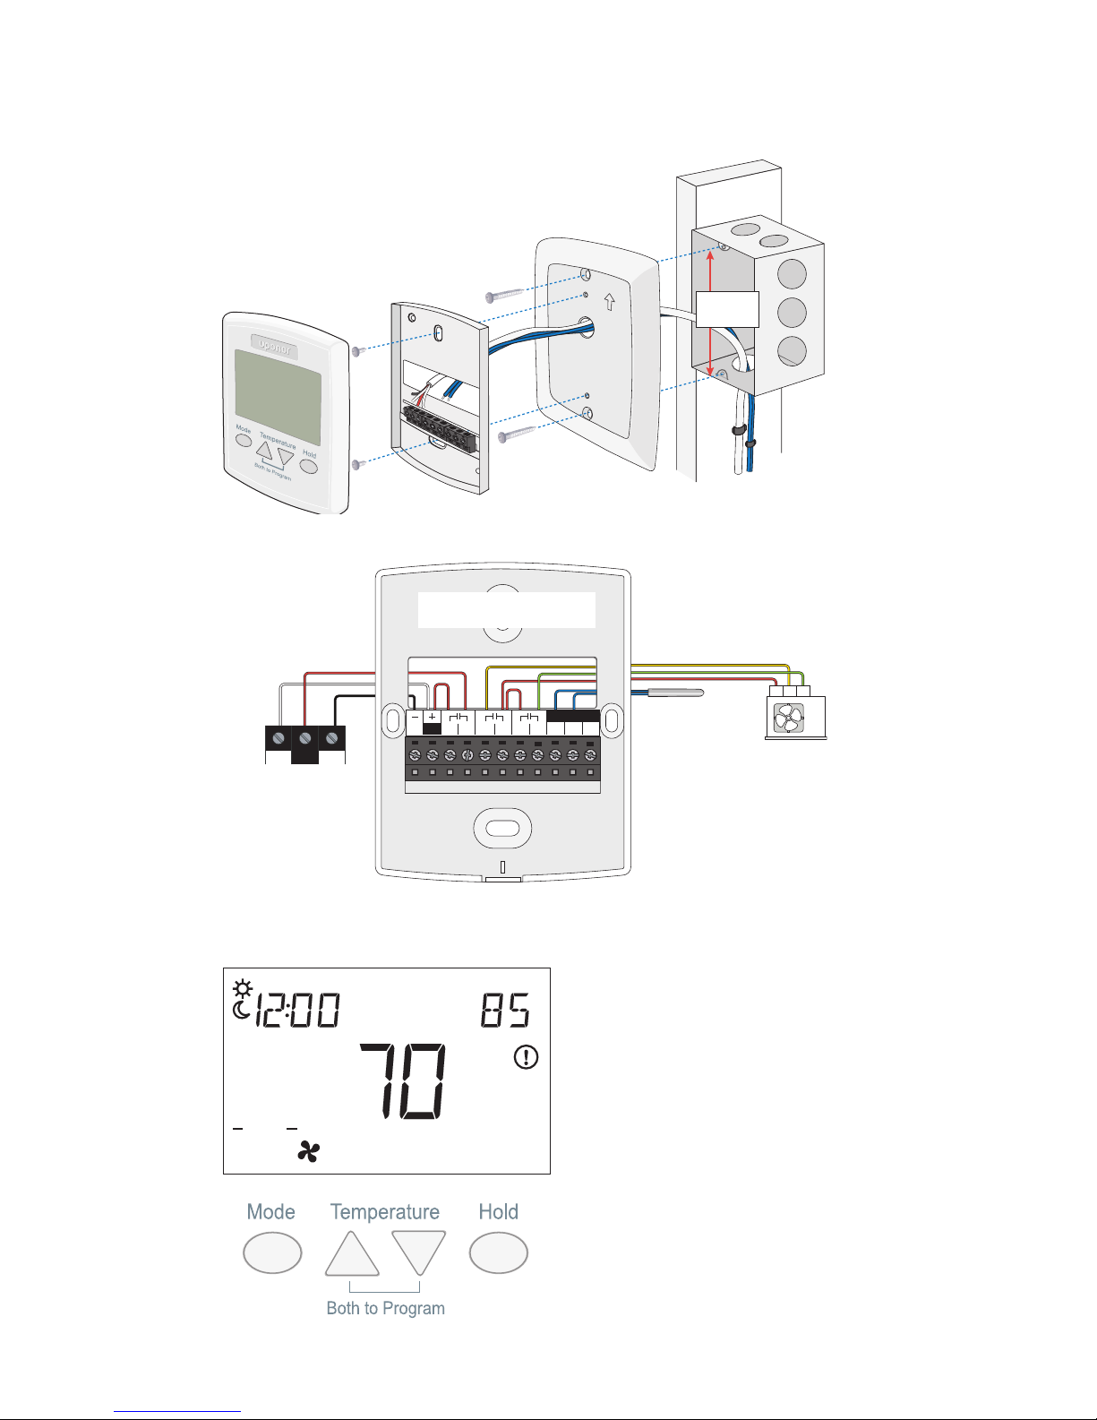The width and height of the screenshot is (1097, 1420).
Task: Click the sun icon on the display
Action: tap(242, 989)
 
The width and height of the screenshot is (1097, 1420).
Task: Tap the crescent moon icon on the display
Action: tap(240, 1011)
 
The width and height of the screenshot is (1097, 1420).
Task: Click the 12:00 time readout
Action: tap(298, 1011)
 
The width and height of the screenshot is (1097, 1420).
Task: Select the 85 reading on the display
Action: tap(505, 1011)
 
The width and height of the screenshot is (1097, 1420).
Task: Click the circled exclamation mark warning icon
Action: tap(526, 1057)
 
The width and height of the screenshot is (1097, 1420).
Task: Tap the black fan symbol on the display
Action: tap(308, 1152)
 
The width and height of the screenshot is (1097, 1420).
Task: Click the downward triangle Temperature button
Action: tap(418, 1252)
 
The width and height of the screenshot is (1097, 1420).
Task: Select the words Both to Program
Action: tap(385, 1308)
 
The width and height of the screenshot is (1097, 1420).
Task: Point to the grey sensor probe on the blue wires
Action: tap(675, 693)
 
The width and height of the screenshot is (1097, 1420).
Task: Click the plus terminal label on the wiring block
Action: tap(432, 718)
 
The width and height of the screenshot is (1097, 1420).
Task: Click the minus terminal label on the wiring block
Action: tap(415, 718)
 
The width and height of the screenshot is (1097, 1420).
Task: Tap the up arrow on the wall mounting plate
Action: tap(610, 302)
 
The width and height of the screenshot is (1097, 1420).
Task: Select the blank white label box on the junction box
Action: tap(727, 309)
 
